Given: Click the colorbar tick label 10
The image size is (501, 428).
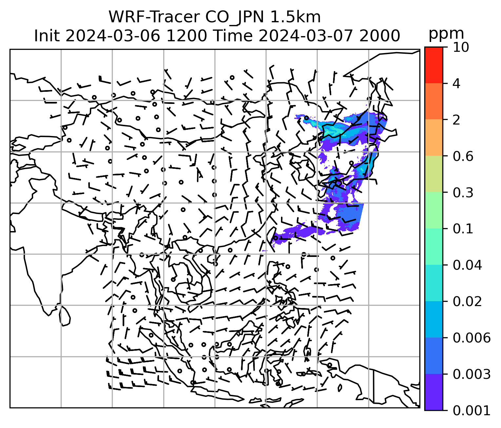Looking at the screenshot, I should click(x=461, y=48).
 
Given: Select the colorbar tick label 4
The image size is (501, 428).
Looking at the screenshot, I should click(x=456, y=84).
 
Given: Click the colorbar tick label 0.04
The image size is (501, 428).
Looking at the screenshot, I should click(x=467, y=265).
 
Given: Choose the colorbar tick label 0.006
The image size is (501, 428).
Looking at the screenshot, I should click(x=471, y=338).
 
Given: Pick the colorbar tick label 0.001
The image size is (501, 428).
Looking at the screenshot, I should click(x=471, y=410).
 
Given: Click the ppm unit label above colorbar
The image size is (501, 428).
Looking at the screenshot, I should click(x=446, y=34).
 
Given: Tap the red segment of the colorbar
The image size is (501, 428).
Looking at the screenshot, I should click(x=433, y=65).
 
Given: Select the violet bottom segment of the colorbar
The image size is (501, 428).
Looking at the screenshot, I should click(x=433, y=392).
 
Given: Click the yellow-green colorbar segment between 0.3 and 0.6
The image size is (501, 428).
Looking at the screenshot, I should click(x=433, y=174).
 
